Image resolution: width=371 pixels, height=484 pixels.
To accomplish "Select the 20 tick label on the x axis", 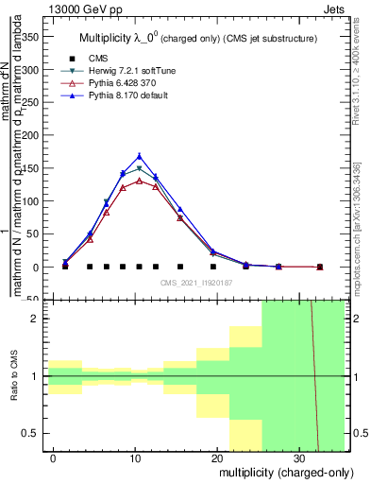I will (218, 457).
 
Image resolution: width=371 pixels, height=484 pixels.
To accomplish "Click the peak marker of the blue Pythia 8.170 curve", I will (140, 156).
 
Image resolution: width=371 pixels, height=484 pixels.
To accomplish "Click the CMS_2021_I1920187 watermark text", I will (196, 283).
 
